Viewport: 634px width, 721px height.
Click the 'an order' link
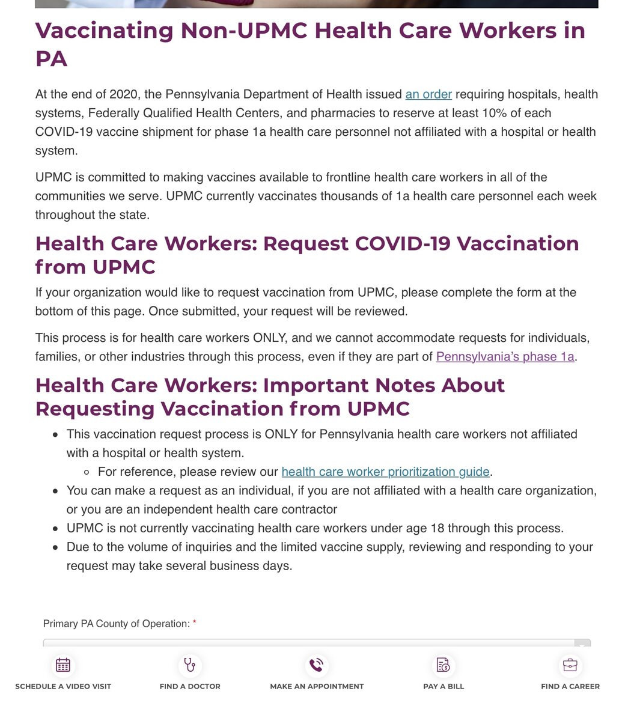(428, 94)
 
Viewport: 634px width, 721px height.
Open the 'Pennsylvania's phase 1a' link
(505, 356)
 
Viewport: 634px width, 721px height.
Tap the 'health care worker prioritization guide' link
(385, 472)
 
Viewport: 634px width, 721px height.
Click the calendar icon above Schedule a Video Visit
(63, 665)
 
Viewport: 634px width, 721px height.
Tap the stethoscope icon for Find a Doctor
(190, 665)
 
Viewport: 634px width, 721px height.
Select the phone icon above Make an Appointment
(317, 665)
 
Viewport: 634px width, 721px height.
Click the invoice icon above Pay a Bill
(443, 665)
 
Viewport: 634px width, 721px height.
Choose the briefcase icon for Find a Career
(570, 665)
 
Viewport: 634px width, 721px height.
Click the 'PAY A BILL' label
(443, 686)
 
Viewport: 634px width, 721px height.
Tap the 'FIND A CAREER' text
(570, 686)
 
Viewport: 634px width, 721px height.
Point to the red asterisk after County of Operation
(195, 624)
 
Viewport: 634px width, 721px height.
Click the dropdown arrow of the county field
(581, 644)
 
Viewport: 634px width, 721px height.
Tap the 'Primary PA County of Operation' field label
(116, 624)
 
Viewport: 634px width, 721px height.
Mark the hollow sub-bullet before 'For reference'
(87, 472)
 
